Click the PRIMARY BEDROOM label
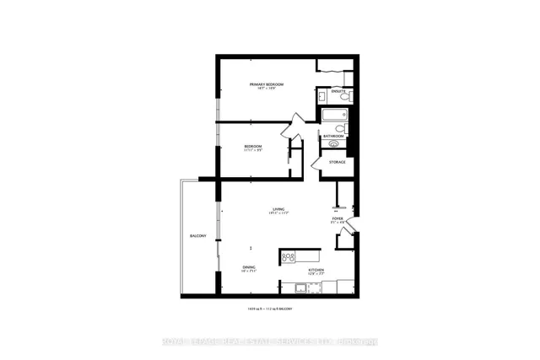tap(267, 84)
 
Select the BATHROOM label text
tap(333, 136)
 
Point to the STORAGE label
tap(337, 161)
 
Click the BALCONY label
tap(198, 235)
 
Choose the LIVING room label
tap(278, 209)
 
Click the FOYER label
tap(337, 218)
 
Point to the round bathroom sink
tap(333, 145)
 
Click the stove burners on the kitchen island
tap(288, 256)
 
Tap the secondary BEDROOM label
tap(253, 146)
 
